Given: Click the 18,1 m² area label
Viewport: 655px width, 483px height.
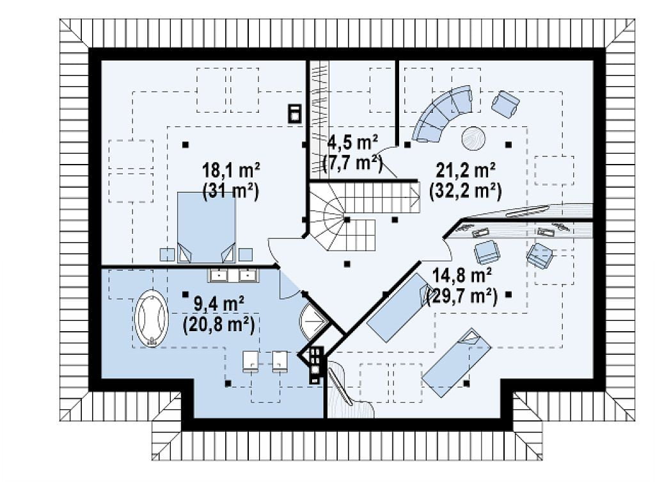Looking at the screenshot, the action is pyautogui.click(x=232, y=171).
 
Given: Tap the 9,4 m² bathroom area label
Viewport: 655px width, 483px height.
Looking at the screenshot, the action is pyautogui.click(x=219, y=304).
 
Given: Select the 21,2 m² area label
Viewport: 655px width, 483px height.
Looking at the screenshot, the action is pyautogui.click(x=466, y=170).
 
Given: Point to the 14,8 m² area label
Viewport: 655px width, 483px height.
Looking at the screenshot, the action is pyautogui.click(x=462, y=275).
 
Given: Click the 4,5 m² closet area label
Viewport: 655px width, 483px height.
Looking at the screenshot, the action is pyautogui.click(x=353, y=143).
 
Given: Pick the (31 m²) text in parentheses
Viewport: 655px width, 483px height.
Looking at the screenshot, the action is pyautogui.click(x=231, y=192).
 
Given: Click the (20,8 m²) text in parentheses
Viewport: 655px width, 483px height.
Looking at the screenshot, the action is pyautogui.click(x=219, y=325).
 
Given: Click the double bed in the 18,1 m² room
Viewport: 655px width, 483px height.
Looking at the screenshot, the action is pyautogui.click(x=207, y=227).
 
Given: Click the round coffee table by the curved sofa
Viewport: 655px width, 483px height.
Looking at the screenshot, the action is pyautogui.click(x=473, y=138).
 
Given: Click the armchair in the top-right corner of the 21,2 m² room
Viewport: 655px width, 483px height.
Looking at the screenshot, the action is pyautogui.click(x=505, y=104).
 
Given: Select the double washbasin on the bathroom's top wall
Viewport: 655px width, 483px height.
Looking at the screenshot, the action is pyautogui.click(x=233, y=275).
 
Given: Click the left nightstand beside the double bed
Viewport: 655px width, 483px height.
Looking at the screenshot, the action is pyautogui.click(x=168, y=255).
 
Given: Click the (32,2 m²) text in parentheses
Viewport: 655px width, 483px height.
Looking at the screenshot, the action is pyautogui.click(x=466, y=191).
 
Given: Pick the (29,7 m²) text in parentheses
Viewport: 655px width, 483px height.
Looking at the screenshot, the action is pyautogui.click(x=462, y=297).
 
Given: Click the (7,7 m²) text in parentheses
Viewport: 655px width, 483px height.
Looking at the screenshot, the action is pyautogui.click(x=353, y=163).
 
